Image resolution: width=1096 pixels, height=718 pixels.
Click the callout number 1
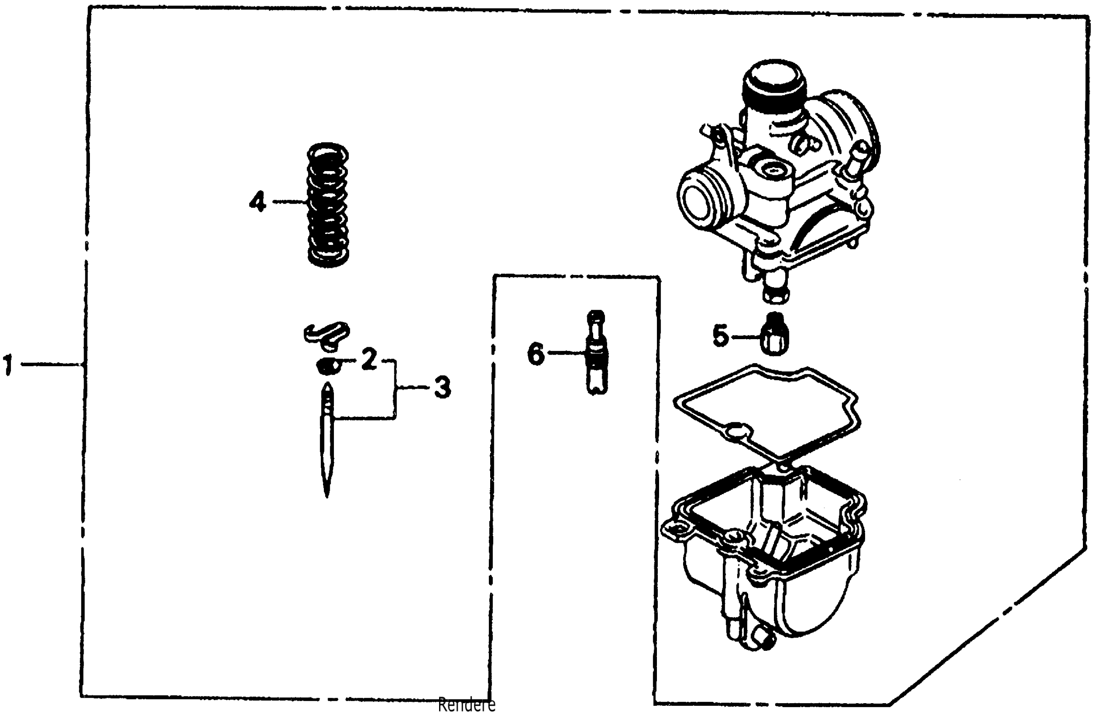pos(8,364)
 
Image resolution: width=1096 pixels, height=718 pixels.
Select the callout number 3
pos(442,387)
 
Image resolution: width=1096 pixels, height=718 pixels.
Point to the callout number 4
pos(258,202)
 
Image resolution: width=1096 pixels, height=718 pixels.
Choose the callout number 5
pos(721,336)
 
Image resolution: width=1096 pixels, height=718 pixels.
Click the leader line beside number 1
pos(51,364)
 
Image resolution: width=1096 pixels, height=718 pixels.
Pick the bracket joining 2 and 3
pos(395,389)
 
